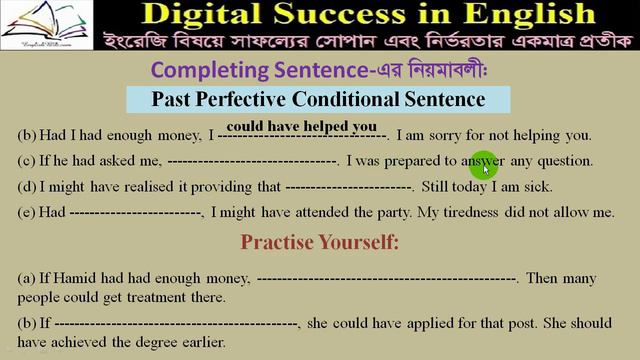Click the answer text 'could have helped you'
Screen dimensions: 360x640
pyautogui.click(x=302, y=126)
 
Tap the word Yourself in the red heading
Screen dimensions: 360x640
pyautogui.click(x=366, y=242)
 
